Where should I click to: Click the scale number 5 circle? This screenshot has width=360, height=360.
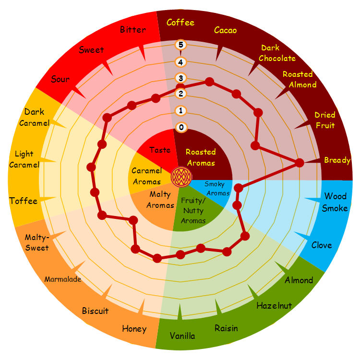pyautogui.click(x=181, y=45)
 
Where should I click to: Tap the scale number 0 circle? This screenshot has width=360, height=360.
pyautogui.click(x=181, y=127)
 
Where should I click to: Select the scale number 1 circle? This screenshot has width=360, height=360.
pyautogui.click(x=181, y=111)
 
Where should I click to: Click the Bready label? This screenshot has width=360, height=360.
pyautogui.click(x=337, y=160)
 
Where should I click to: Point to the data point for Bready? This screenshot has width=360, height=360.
pyautogui.click(x=300, y=163)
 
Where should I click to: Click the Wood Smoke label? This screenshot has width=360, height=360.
pyautogui.click(x=335, y=202)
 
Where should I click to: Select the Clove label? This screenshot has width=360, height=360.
pyautogui.click(x=321, y=245)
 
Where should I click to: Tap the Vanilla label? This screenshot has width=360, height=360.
pyautogui.click(x=182, y=336)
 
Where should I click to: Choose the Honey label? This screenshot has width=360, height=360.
pyautogui.click(x=134, y=329)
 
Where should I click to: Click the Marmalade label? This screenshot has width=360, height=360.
pyautogui.click(x=63, y=279)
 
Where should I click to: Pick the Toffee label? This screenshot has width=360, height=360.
pyautogui.click(x=23, y=201)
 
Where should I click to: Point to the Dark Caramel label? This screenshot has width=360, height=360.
pyautogui.click(x=35, y=117)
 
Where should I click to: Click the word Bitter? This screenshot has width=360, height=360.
pyautogui.click(x=133, y=30)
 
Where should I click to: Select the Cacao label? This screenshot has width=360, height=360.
pyautogui.click(x=225, y=30)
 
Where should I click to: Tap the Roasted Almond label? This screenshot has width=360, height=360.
pyautogui.click(x=299, y=79)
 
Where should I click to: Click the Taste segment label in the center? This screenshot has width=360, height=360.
pyautogui.click(x=160, y=150)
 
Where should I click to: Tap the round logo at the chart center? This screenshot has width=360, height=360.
pyautogui.click(x=180, y=177)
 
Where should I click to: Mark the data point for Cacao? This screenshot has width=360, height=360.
pyautogui.click(x=209, y=82)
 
